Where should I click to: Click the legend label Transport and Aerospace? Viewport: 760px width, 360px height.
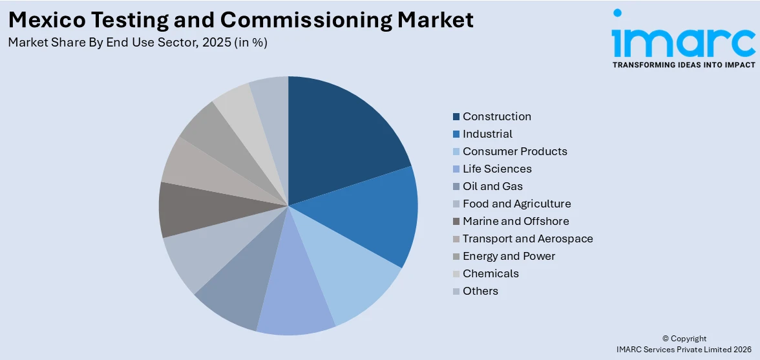pyautogui.click(x=527, y=238)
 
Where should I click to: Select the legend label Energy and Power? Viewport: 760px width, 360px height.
pyautogui.click(x=509, y=256)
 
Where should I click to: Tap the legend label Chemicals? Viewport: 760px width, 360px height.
pyautogui.click(x=491, y=273)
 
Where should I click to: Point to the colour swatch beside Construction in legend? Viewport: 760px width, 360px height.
pyautogui.click(x=456, y=117)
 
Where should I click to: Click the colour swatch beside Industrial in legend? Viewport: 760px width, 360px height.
pyautogui.click(x=456, y=134)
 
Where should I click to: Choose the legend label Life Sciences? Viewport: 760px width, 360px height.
pyautogui.click(x=497, y=169)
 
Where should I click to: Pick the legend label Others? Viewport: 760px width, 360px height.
pyautogui.click(x=480, y=291)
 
